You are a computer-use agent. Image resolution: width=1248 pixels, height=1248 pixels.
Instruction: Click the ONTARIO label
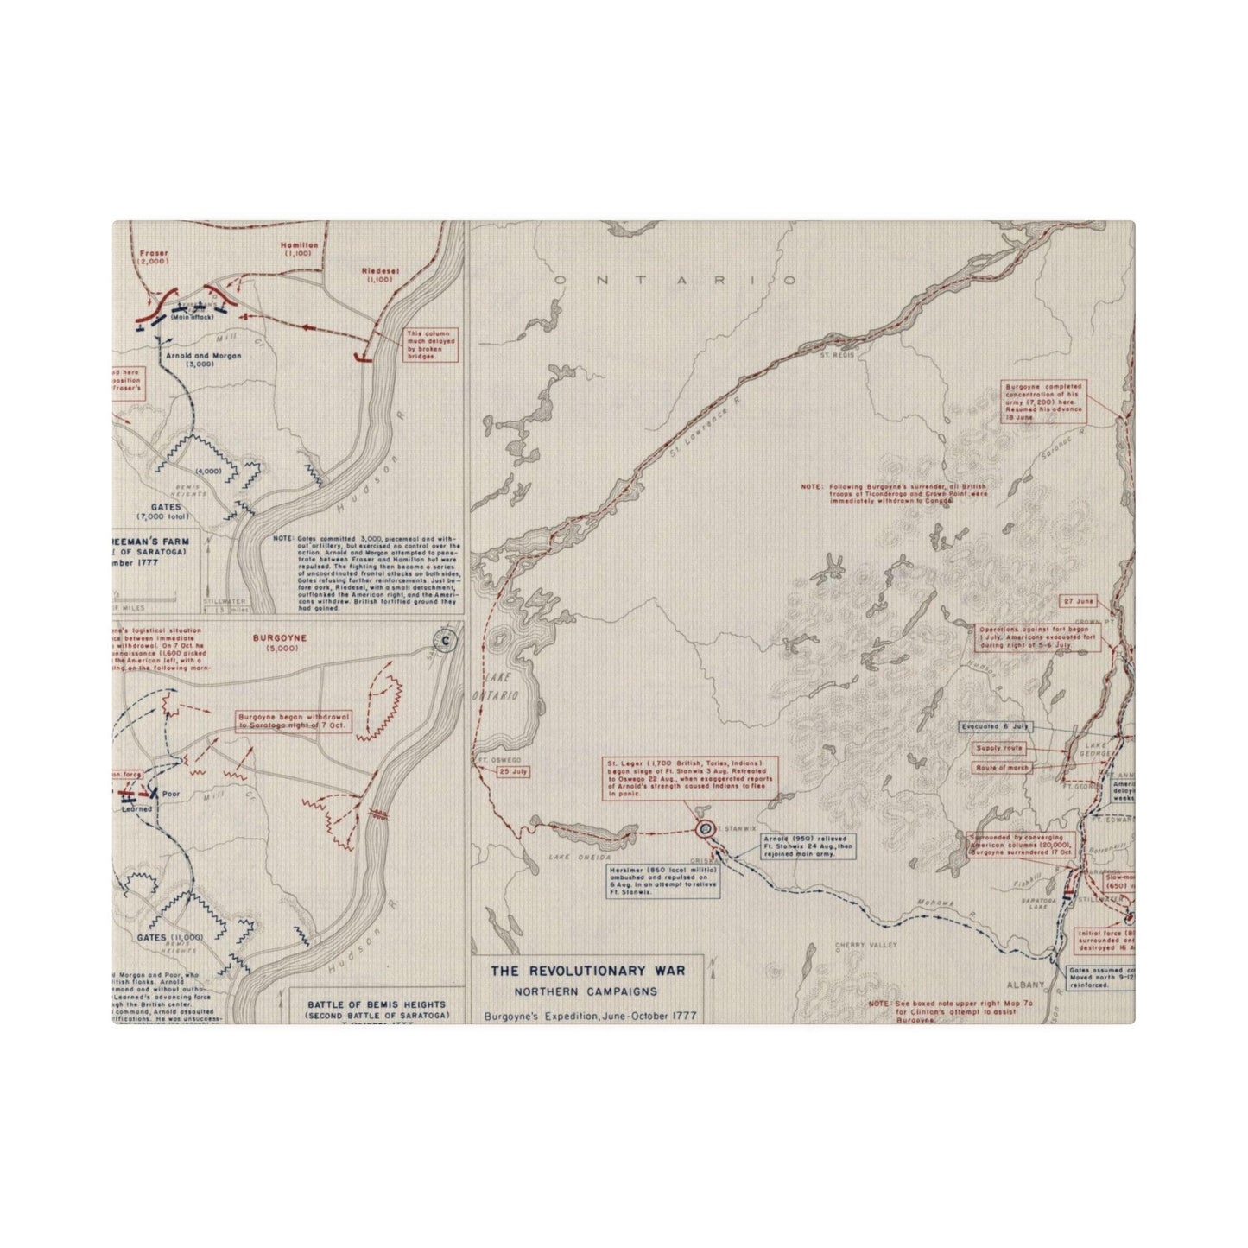675,281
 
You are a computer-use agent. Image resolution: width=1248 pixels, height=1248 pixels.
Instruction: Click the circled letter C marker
445,640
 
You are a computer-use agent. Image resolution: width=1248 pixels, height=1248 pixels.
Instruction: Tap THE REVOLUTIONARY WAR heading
588,971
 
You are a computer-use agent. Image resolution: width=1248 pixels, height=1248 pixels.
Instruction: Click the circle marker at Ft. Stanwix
705,828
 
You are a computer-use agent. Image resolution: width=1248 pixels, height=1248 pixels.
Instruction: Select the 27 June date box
1079,600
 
